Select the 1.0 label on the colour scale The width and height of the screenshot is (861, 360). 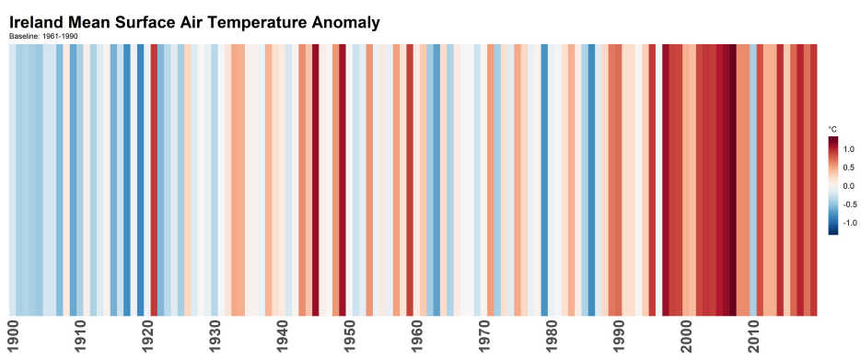[849, 148]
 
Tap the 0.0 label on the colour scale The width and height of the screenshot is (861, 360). [849, 185]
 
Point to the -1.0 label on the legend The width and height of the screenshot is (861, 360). [848, 222]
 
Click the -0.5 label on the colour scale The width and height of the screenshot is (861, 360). [848, 203]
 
